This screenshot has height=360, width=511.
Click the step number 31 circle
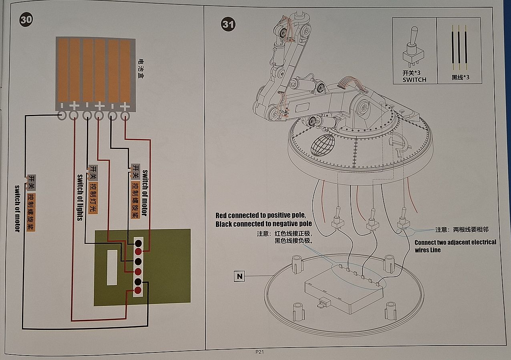(x=228, y=25)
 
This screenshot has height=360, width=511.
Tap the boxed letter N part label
(x=239, y=276)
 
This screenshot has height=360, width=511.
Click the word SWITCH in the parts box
(x=414, y=79)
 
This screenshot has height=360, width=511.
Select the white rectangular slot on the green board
(x=112, y=267)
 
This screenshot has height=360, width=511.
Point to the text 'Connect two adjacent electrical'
(x=455, y=242)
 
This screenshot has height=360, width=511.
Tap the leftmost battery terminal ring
(x=62, y=116)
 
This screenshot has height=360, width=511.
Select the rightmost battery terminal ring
(x=125, y=116)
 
